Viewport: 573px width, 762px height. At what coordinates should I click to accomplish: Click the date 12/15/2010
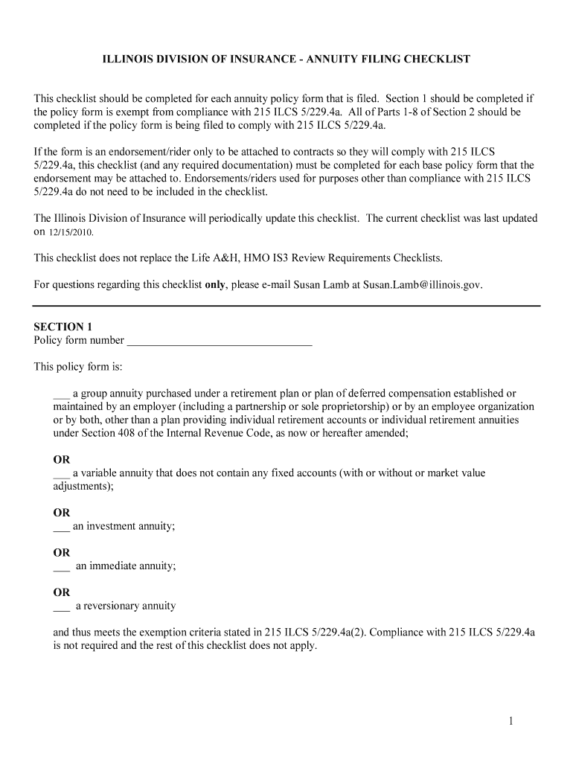point(71,233)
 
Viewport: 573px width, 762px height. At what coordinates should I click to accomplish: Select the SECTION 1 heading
point(63,327)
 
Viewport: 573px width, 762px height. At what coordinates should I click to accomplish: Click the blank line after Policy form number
point(220,342)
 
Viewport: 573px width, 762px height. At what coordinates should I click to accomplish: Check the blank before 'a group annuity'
point(61,394)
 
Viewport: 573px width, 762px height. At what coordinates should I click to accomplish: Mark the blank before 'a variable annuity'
point(61,473)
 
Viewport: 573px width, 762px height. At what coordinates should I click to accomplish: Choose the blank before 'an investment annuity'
point(61,527)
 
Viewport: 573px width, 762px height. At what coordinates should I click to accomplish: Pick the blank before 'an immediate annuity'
point(61,567)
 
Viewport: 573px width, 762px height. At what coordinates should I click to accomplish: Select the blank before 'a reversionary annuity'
point(61,606)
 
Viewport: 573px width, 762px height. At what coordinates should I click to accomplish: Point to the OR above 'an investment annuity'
point(61,513)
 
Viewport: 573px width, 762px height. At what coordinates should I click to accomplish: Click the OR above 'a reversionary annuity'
point(61,592)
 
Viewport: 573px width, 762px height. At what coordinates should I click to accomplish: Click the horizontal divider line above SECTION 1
point(286,306)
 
